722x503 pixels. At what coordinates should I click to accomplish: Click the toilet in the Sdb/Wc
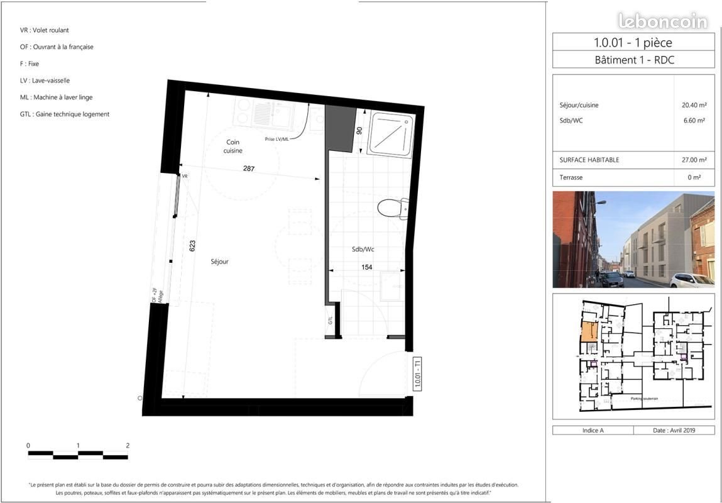(395, 207)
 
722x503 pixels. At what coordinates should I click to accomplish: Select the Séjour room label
(220, 262)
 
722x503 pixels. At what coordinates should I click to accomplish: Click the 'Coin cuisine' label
(234, 146)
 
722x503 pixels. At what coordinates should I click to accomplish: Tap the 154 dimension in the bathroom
(366, 267)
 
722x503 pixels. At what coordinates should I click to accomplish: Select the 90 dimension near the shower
(359, 131)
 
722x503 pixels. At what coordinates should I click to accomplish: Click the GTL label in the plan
(331, 319)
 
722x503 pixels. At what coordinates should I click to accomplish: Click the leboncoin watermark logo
(663, 21)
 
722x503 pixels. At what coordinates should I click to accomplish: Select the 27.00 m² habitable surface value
(694, 160)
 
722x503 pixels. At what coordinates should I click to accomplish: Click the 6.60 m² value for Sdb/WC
(696, 121)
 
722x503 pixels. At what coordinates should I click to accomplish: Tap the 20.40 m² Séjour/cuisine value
(694, 105)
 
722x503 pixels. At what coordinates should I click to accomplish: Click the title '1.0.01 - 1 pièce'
(632, 43)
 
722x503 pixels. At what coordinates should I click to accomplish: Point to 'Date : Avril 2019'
(674, 430)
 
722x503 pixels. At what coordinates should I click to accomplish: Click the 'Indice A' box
(593, 430)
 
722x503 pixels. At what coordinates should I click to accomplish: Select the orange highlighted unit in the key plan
(589, 331)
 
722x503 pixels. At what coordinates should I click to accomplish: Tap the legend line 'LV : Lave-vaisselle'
(45, 80)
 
